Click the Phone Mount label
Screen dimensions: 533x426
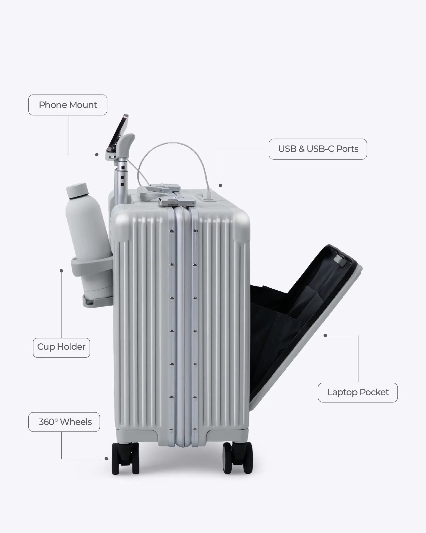coord(68,105)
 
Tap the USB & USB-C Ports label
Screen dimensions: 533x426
coord(318,149)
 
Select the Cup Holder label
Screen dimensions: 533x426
coord(61,347)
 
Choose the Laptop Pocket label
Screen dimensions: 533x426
coord(358,392)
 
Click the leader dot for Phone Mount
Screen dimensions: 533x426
coord(97,155)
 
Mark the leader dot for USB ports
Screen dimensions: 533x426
coord(220,185)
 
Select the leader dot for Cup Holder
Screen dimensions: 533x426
coord(61,271)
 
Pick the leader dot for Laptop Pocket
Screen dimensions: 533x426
coord(325,335)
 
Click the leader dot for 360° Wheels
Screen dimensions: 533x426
coord(106,459)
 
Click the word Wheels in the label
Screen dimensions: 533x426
coord(76,422)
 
